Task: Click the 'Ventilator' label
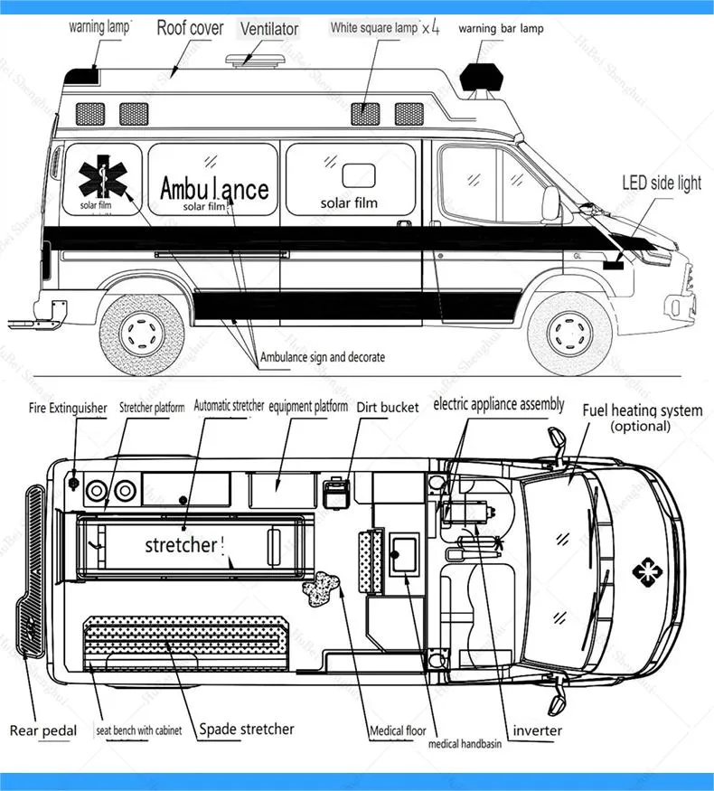tap(268, 29)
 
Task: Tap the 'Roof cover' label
tap(190, 27)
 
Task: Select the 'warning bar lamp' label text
tap(501, 29)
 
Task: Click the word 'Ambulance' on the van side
tap(214, 188)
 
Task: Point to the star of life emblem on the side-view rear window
tap(100, 177)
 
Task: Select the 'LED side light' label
tap(661, 184)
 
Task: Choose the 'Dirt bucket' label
tap(388, 407)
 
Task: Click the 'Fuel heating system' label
tap(642, 410)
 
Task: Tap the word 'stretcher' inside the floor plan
tap(181, 545)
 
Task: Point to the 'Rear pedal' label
tap(43, 730)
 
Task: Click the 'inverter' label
tap(537, 730)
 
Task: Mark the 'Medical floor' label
tap(398, 731)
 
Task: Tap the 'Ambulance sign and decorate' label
tap(323, 357)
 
